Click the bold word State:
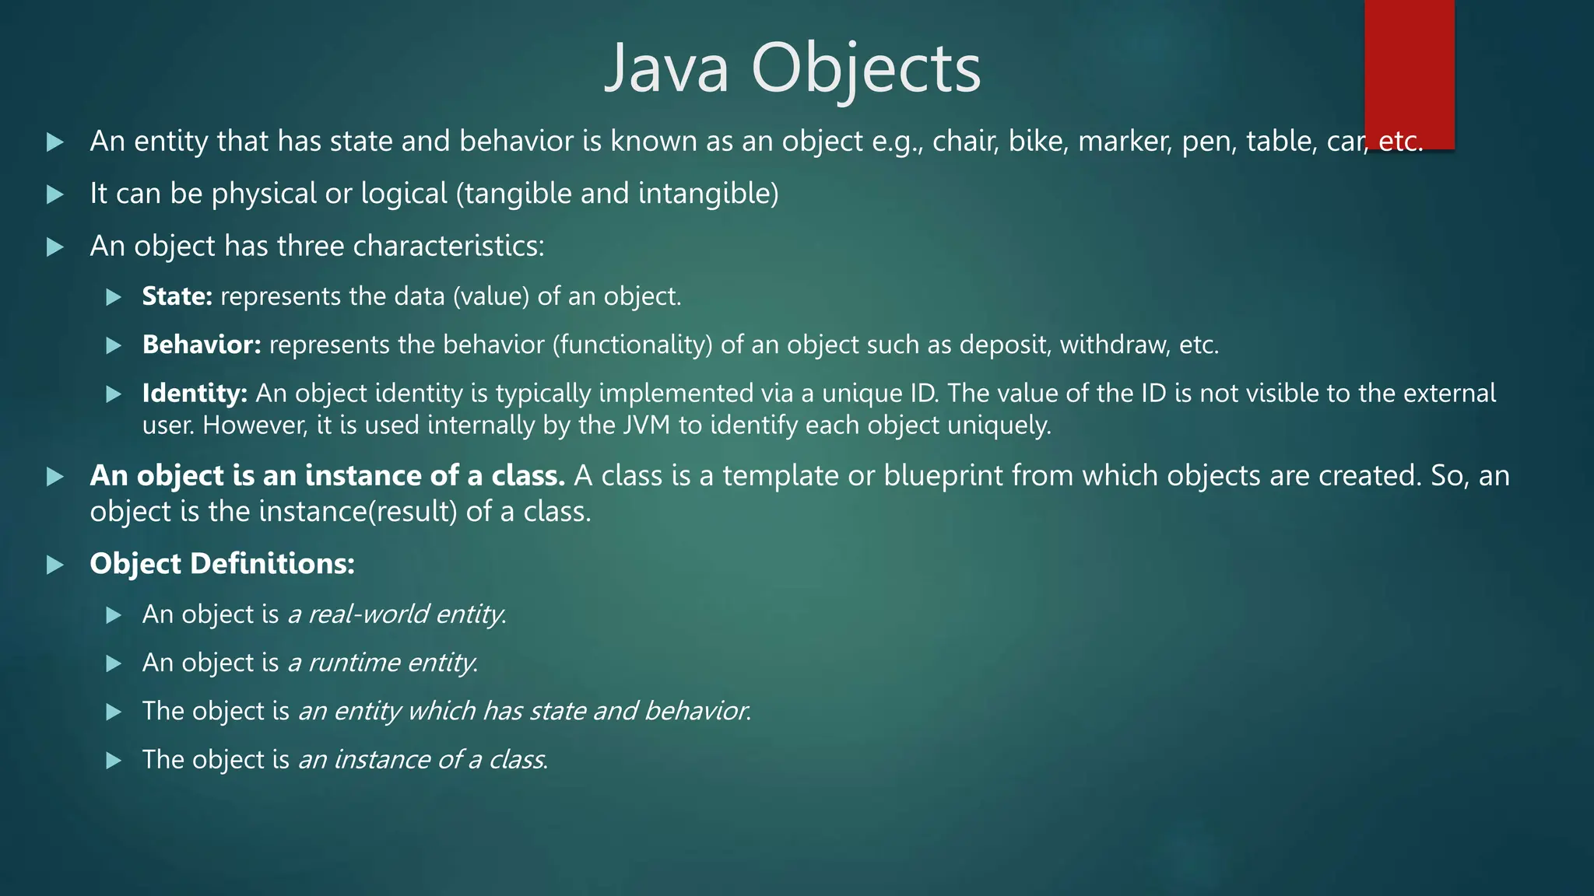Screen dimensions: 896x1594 (177, 296)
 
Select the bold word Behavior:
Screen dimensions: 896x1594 (202, 345)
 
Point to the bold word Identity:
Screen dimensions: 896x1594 (195, 394)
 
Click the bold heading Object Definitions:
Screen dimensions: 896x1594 (222, 563)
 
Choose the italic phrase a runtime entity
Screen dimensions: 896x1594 (382, 663)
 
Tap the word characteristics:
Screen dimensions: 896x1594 (448, 246)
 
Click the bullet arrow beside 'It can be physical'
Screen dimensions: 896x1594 (54, 194)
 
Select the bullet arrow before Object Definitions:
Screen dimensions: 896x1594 (54, 564)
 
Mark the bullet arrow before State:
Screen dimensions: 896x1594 (114, 296)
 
